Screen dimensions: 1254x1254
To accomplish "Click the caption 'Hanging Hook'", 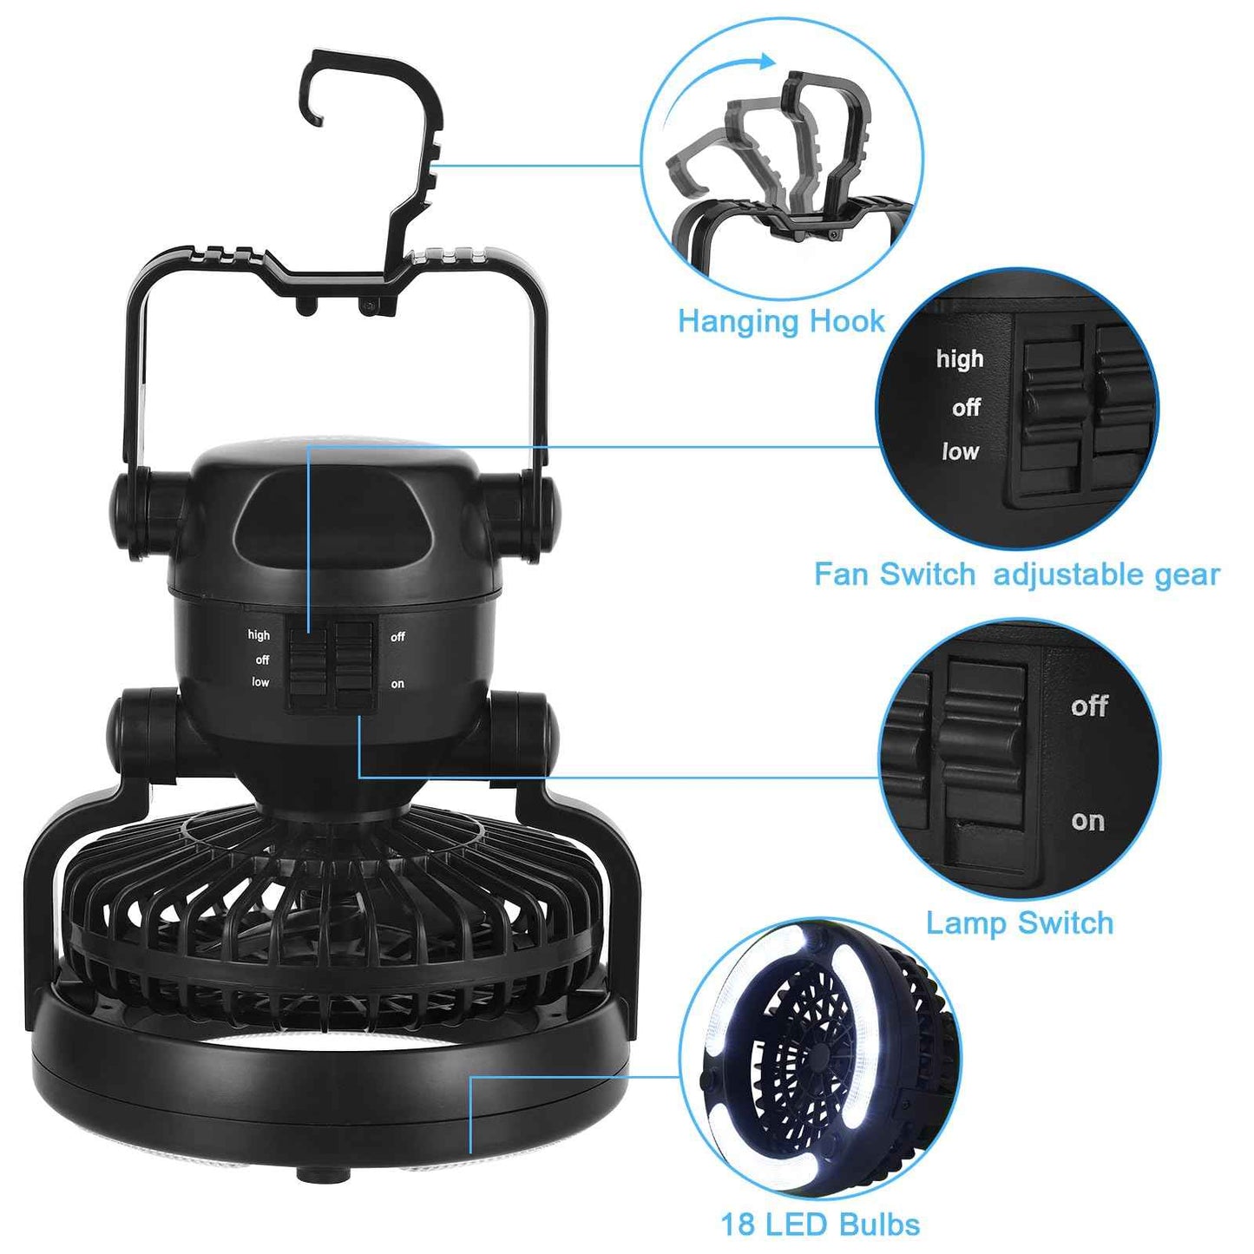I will point(780,321).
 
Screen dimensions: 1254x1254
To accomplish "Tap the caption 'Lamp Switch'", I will point(1019,922).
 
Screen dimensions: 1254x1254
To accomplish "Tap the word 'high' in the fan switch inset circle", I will point(959,358).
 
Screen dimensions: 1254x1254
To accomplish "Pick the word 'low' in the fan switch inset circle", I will point(960,451).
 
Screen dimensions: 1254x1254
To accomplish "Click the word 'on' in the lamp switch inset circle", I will point(1087,820).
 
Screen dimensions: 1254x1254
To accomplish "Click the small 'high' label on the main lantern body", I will point(259,635).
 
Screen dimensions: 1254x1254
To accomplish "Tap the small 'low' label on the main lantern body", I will point(260,682).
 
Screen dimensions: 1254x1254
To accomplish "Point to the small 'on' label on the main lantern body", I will point(397,684).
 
